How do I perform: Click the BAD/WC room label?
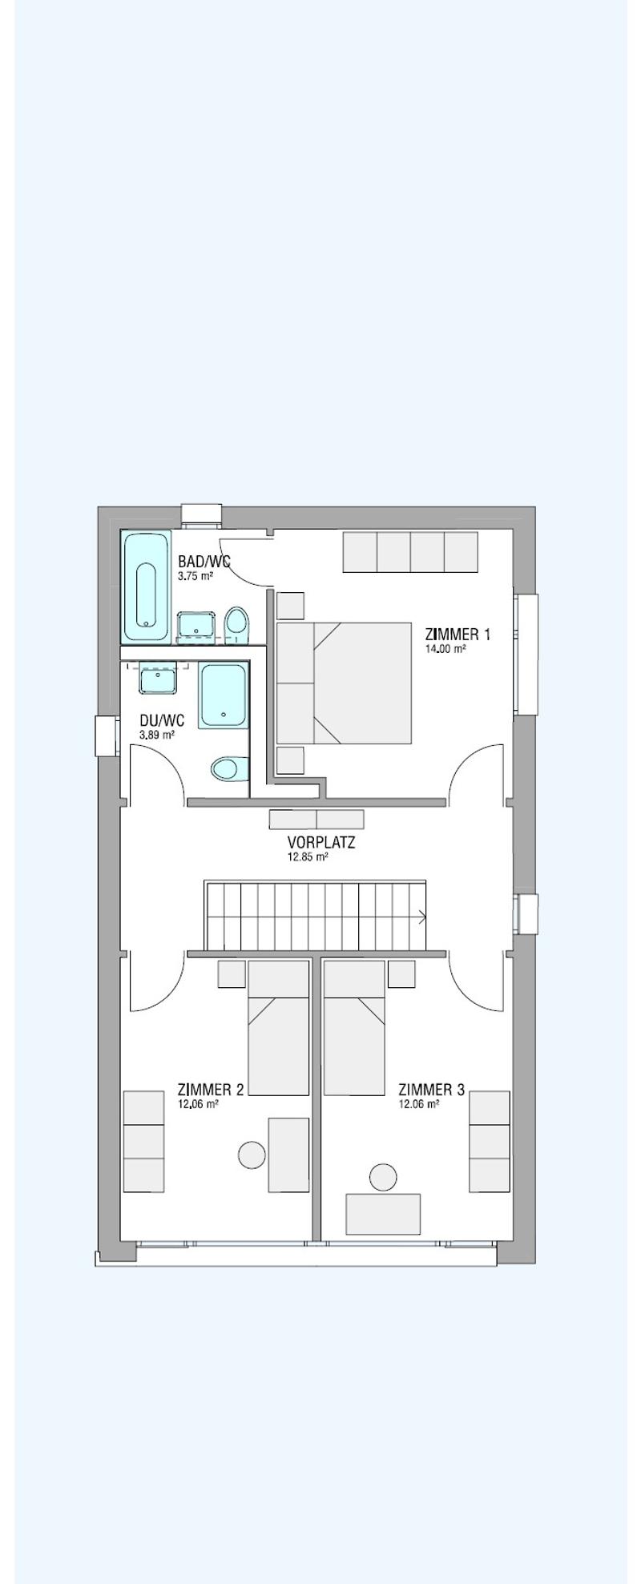point(204,562)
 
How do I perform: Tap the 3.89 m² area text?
point(157,735)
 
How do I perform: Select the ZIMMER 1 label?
point(458,635)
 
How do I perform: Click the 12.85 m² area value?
point(308,856)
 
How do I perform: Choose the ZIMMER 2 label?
point(210,1090)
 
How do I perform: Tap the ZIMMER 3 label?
point(431,1090)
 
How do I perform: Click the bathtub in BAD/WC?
point(146,586)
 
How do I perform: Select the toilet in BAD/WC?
point(236,625)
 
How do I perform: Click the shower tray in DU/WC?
point(223,695)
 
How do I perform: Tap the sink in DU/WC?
point(157,678)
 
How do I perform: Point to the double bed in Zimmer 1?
point(344,683)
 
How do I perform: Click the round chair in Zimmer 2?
point(252,1155)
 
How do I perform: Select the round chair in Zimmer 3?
point(383,1177)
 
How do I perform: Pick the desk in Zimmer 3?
point(383,1214)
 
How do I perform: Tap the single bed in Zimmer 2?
point(278,1028)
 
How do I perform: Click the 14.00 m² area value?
point(445,649)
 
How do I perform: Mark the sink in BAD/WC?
point(196,625)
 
